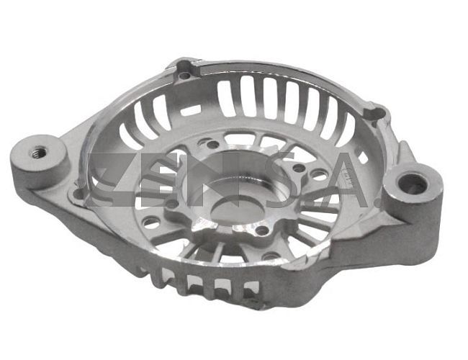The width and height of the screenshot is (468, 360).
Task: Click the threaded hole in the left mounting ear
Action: [x=38, y=153]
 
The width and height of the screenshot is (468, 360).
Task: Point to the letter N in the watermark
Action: [x=214, y=180]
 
